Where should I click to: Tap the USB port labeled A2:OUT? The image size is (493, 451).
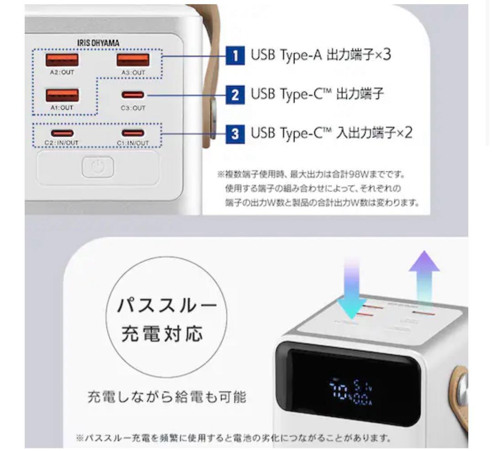tap(62, 60)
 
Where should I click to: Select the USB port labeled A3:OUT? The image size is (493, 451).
tap(133, 60)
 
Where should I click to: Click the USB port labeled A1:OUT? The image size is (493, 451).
tap(62, 95)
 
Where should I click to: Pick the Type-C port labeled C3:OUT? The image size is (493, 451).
tap(133, 95)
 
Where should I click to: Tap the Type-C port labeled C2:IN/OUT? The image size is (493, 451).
tap(62, 133)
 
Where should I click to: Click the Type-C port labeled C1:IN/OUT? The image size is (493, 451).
tap(133, 133)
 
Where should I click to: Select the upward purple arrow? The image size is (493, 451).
tap(424, 278)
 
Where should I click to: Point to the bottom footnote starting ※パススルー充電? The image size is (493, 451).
tap(233, 439)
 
